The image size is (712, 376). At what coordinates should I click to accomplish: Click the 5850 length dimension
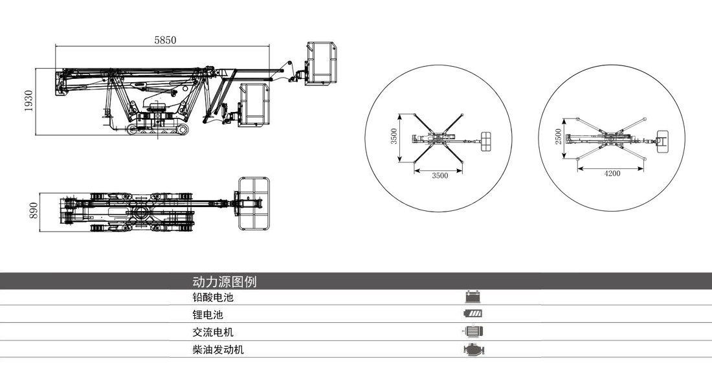(x=165, y=40)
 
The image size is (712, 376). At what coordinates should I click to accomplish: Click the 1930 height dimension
(x=28, y=101)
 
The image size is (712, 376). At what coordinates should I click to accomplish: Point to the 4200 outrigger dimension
(x=612, y=173)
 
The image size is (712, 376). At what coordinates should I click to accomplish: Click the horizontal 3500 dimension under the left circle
(x=439, y=175)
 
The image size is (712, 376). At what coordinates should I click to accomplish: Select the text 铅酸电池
(x=212, y=298)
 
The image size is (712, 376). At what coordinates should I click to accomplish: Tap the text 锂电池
(x=207, y=315)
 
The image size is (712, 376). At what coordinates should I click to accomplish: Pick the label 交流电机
(x=212, y=332)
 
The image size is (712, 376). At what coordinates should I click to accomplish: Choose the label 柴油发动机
(x=218, y=349)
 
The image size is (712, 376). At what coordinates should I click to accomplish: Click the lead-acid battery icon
(x=474, y=298)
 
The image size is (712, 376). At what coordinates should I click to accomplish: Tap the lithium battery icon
(x=474, y=315)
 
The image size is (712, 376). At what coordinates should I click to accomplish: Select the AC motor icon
(x=474, y=331)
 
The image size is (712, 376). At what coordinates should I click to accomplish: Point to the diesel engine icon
(x=474, y=349)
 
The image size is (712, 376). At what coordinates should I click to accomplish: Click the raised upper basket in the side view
(x=321, y=63)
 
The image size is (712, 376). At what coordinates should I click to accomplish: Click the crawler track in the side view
(x=159, y=131)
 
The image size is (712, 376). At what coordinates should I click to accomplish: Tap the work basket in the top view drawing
(x=254, y=203)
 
